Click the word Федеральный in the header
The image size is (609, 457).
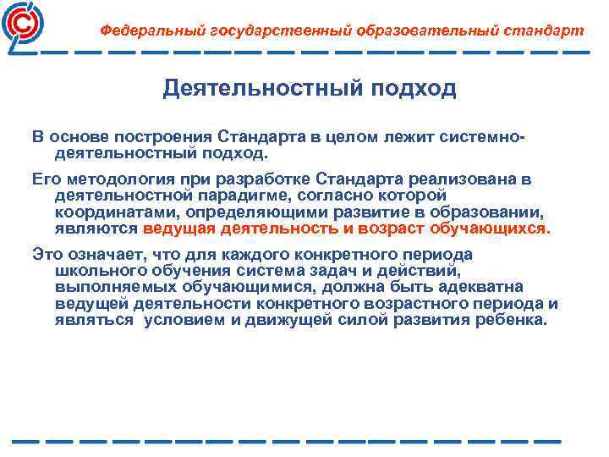140,30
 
